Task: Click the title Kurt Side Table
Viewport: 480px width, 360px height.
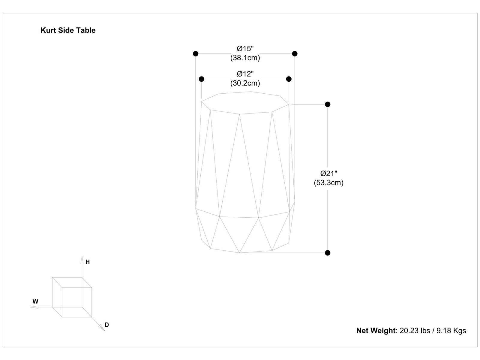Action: click(x=68, y=30)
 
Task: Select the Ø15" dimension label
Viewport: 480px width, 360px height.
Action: click(x=245, y=48)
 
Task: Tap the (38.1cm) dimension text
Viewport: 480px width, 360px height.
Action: click(x=245, y=58)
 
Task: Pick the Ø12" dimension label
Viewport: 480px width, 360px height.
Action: click(x=245, y=74)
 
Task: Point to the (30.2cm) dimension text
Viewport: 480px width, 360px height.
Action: click(x=245, y=83)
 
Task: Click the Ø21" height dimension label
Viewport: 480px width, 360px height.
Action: click(x=329, y=173)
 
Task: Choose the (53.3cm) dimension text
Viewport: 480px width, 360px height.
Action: click(x=329, y=183)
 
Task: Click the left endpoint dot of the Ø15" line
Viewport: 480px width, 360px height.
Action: click(x=196, y=54)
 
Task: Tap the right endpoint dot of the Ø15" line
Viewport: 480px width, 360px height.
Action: click(x=295, y=54)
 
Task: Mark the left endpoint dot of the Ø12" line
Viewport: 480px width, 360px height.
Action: click(x=202, y=79)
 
